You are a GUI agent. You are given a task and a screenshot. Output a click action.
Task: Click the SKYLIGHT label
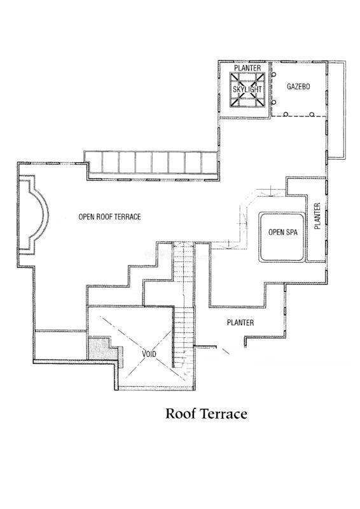coord(247,89)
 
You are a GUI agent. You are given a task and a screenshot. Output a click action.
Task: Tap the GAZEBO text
coord(298,87)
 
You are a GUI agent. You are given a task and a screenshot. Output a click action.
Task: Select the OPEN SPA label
coord(283,232)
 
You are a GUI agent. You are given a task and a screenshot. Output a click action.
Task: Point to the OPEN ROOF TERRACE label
coord(110,216)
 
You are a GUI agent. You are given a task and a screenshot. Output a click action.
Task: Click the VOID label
coord(149,354)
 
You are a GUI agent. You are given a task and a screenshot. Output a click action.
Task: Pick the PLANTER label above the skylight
coord(247,68)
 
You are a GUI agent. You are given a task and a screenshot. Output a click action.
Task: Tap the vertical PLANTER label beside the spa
coord(317,216)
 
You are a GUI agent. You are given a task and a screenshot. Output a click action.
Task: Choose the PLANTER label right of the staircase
coord(240,323)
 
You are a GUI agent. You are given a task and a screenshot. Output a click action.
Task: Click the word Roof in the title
coord(181,414)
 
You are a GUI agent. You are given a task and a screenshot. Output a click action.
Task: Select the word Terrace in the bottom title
coord(223,414)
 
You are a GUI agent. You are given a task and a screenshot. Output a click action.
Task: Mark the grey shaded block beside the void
coord(103,349)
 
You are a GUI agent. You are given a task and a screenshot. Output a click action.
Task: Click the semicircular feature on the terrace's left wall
coord(43,215)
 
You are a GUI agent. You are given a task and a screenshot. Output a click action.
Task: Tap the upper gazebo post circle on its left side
coord(273,74)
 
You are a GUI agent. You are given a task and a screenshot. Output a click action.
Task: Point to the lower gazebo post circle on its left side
coord(273,102)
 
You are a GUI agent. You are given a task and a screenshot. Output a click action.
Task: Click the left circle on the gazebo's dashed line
coord(286,115)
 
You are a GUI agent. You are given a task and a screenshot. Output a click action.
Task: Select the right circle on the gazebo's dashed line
coord(312,115)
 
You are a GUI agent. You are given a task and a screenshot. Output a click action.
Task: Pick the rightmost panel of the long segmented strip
coord(210,162)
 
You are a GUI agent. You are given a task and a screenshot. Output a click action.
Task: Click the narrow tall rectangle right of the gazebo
coord(336,109)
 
